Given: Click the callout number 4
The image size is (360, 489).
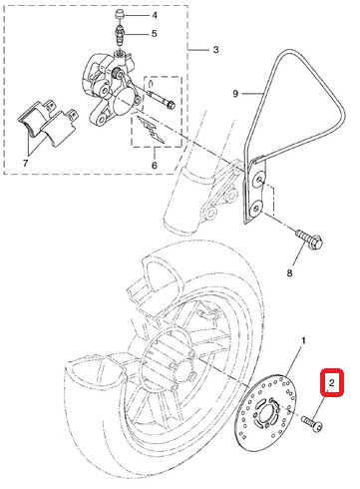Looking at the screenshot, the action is (x=155, y=15).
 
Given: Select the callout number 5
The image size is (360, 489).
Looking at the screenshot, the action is (x=154, y=34).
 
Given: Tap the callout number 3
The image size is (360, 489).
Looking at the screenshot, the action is (x=215, y=50).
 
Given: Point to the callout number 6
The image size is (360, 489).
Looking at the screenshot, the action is (x=155, y=166).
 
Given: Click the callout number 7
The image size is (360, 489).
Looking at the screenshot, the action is (x=26, y=164).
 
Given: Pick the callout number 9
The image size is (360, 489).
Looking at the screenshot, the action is (x=235, y=94).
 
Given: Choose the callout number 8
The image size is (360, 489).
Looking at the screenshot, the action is (x=289, y=273).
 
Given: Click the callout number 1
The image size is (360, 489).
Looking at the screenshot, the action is (x=303, y=341).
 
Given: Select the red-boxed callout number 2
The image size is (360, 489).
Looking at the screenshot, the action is (x=331, y=383).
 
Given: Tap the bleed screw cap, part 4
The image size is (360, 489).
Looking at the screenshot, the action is (x=120, y=15).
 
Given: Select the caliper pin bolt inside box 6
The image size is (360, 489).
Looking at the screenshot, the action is (x=162, y=100).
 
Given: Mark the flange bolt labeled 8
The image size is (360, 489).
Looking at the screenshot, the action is (x=309, y=241).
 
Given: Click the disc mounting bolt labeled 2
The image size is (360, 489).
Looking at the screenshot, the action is (x=312, y=422).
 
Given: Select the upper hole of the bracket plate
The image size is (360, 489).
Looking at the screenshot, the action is (x=259, y=181).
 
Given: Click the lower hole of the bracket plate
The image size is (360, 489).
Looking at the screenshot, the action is (x=255, y=209).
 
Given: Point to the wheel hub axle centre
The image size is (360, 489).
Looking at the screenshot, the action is (x=182, y=368).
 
